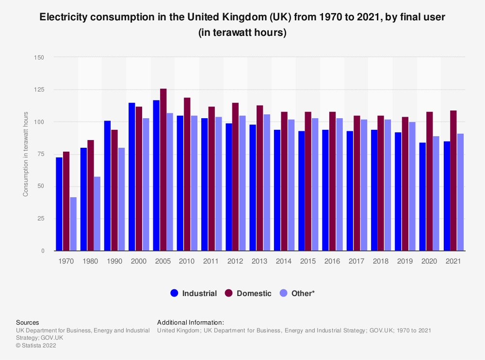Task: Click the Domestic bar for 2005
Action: coord(163,170)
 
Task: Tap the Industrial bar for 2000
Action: coord(132,177)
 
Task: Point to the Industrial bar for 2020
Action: coord(422,197)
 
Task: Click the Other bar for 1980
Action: coord(97,214)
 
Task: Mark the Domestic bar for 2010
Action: coord(187,174)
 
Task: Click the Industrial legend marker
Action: coord(175,293)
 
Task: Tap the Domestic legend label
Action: coord(254,293)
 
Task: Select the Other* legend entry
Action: coord(303,293)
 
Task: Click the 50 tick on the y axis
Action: coord(40,187)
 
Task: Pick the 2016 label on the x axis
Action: coord(332,261)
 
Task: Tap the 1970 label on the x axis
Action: coord(66,261)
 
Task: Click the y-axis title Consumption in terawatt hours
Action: coord(26,154)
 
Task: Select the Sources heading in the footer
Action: coord(28,322)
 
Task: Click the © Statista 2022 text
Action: coord(36,345)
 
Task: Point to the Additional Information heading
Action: coord(191,322)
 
